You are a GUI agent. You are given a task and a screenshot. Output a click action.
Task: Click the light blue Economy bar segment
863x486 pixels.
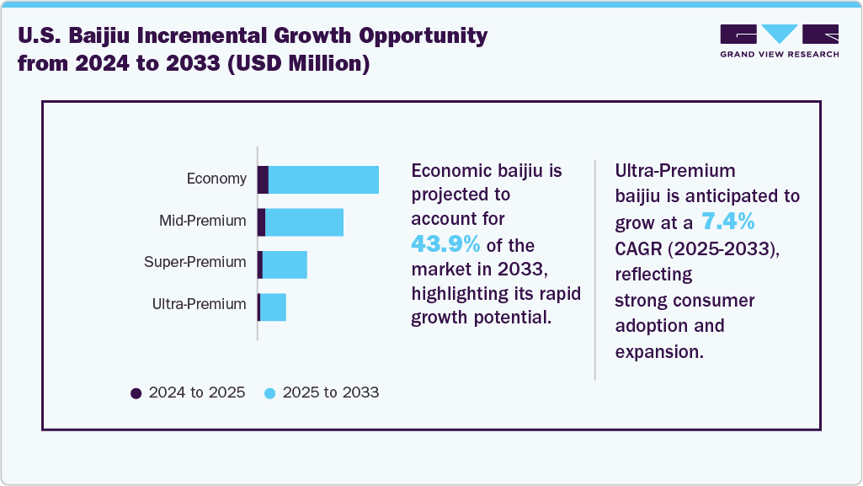(x=323, y=180)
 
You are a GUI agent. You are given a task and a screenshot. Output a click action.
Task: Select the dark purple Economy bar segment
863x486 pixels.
(x=263, y=180)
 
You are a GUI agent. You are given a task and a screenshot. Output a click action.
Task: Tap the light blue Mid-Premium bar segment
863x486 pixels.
(x=304, y=222)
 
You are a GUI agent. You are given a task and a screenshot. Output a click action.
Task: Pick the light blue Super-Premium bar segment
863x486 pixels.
(x=285, y=264)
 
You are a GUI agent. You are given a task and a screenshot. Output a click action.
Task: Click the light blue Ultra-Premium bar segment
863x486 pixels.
(x=273, y=307)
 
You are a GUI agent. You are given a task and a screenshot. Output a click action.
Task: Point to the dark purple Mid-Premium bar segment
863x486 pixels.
(x=261, y=222)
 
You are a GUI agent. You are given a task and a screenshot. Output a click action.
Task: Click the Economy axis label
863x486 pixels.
(x=216, y=179)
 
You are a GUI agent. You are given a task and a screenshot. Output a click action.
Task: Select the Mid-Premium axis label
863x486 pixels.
(x=203, y=221)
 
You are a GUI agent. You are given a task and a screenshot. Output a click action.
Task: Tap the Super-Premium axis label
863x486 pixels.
(x=195, y=262)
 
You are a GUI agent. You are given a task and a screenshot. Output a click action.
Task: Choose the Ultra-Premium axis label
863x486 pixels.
(x=199, y=304)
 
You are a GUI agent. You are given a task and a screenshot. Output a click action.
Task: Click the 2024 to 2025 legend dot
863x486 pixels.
(x=136, y=393)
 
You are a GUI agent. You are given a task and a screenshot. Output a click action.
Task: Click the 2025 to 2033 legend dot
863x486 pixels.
(x=269, y=393)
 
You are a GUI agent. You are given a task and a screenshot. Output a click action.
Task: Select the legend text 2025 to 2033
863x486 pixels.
(x=330, y=393)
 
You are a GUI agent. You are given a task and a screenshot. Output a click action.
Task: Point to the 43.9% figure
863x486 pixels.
(x=445, y=244)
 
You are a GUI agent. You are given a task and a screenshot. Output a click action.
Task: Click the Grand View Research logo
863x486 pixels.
(x=779, y=40)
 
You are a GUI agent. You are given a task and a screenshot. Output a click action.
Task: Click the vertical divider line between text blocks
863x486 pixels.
(x=595, y=270)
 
